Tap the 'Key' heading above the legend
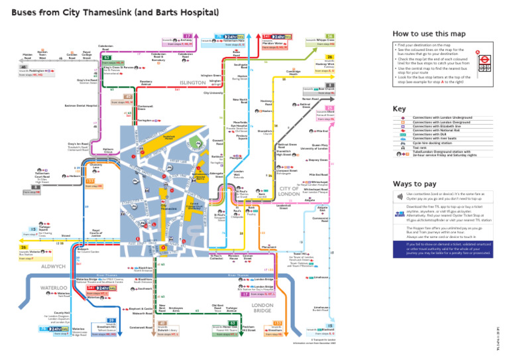(x=399, y=109)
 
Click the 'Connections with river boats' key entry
(x=437, y=139)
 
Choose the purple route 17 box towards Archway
(x=188, y=36)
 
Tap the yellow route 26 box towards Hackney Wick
(x=329, y=57)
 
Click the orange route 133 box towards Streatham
(x=277, y=323)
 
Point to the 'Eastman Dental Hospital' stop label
(x=82, y=105)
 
